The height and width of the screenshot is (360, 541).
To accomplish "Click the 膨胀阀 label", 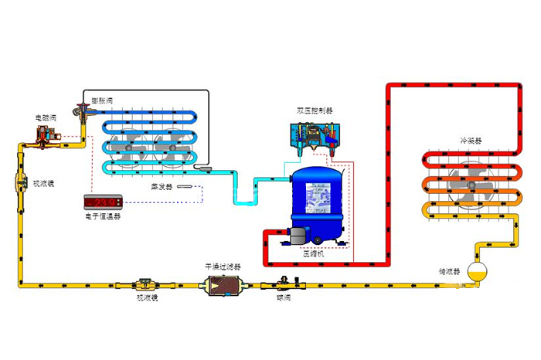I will click(x=103, y=100).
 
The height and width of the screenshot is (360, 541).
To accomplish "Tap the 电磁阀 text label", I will click(x=45, y=117).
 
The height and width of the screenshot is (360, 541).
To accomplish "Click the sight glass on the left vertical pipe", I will click(x=20, y=187).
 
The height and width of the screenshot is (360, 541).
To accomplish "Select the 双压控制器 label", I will click(x=314, y=110).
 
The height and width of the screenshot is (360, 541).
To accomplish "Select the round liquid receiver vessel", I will click(x=480, y=271).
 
